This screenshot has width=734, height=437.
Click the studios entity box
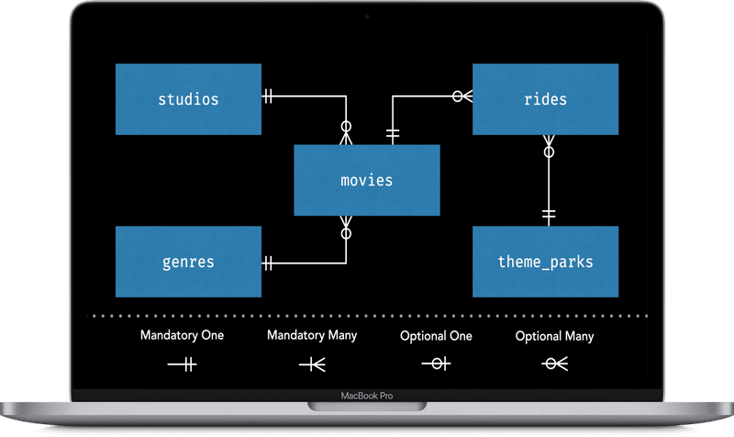click(188, 99)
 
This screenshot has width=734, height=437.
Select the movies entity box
click(366, 180)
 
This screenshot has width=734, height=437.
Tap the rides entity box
click(545, 99)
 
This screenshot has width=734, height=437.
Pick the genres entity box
click(188, 262)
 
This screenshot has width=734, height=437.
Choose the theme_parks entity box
click(545, 262)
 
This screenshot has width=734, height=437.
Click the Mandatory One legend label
click(182, 335)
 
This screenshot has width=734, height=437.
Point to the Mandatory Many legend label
click(312, 335)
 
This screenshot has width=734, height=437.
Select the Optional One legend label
click(436, 336)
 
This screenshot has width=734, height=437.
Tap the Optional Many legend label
click(554, 336)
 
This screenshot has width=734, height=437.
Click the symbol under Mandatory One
click(182, 364)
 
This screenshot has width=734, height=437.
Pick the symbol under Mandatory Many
click(312, 364)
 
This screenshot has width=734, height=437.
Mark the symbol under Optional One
click(436, 364)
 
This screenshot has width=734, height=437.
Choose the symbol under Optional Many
click(554, 364)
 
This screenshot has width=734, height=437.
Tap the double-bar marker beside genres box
click(269, 263)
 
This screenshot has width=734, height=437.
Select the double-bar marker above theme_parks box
click(549, 215)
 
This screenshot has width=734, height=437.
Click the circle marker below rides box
click(549, 152)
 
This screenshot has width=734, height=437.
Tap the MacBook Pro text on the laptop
click(366, 398)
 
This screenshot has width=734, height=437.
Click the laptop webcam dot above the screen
click(367, 15)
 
